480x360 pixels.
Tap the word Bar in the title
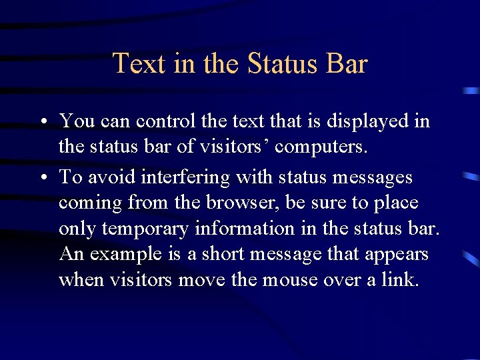click(347, 64)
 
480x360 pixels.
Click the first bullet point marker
click(42, 122)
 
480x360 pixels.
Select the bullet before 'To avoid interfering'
click(42, 179)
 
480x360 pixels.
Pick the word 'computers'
click(319, 146)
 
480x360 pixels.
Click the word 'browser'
click(265, 203)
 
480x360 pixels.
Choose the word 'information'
click(245, 228)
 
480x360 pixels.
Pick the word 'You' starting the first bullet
click(77, 121)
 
